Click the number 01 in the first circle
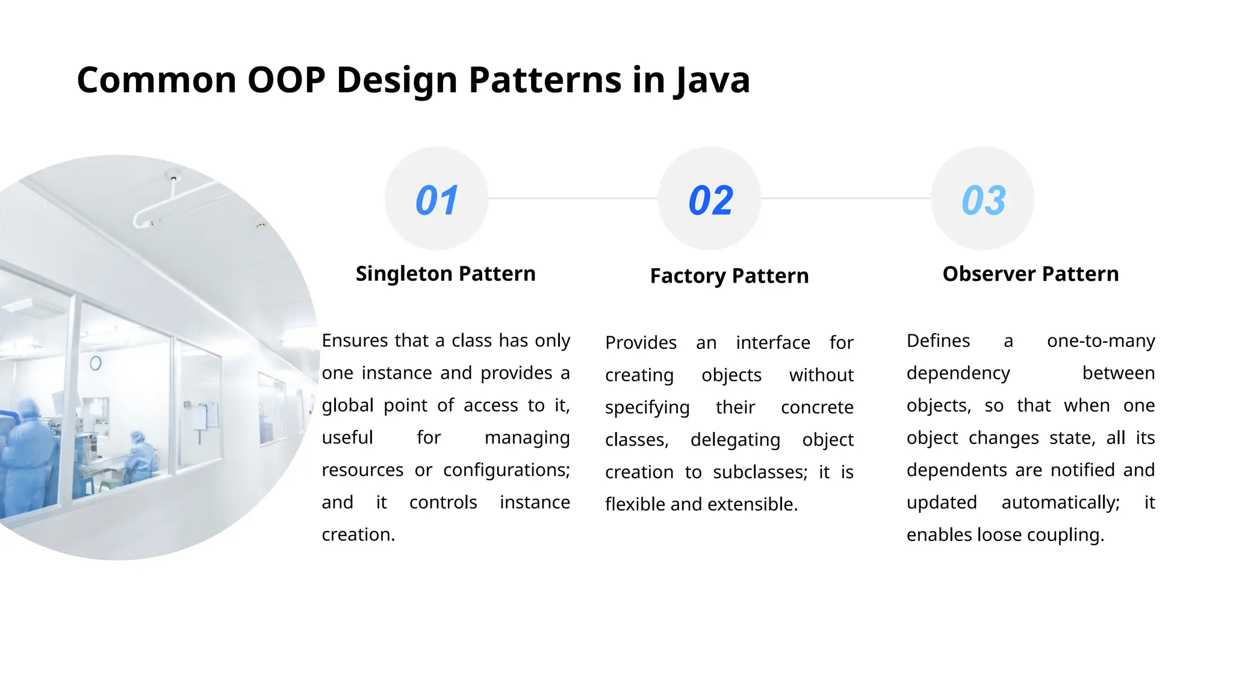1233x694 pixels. (x=436, y=200)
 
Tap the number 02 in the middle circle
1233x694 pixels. (x=710, y=200)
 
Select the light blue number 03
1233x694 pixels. (x=983, y=200)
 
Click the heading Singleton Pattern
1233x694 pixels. (x=446, y=274)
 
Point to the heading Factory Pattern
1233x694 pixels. (x=729, y=276)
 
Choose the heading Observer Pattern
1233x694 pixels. (x=1030, y=274)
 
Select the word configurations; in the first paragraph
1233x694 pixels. (x=506, y=470)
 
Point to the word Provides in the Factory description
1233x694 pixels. (x=641, y=343)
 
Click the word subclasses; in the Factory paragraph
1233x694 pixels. (x=760, y=472)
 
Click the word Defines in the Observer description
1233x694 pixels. (x=938, y=340)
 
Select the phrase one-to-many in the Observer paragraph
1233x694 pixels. (x=1101, y=340)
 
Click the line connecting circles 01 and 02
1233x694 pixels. (x=572, y=198)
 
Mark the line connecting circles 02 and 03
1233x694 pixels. (x=845, y=198)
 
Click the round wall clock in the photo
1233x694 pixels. (x=95, y=363)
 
